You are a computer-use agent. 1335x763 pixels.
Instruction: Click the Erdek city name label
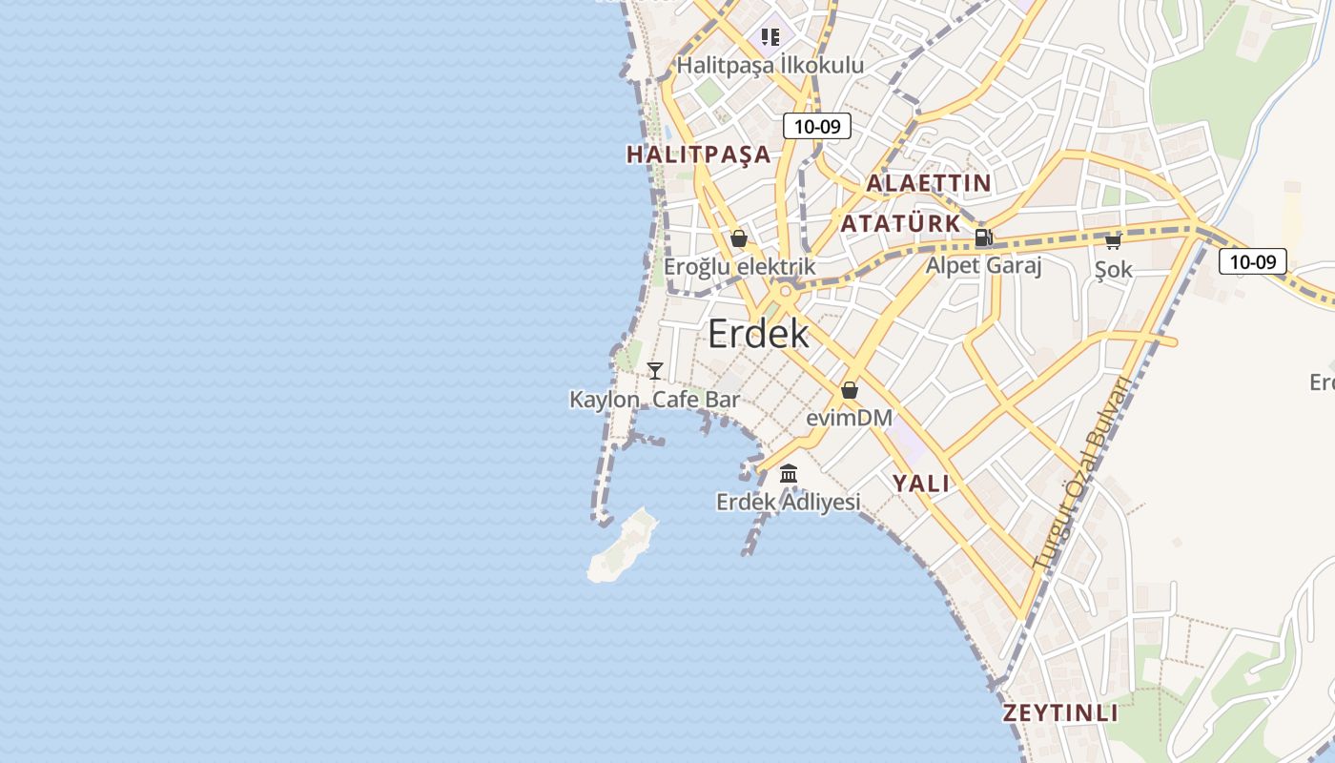point(758,334)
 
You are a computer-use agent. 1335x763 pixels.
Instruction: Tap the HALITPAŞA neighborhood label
point(698,155)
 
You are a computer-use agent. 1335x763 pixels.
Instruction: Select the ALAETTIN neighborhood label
point(928,183)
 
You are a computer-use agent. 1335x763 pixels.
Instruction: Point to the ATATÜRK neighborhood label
point(900,223)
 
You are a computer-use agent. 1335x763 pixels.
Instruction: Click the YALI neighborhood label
point(921,484)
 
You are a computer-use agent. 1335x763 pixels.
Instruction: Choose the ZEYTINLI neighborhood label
point(1060,713)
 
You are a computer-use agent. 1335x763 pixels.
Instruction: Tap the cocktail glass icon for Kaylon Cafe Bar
point(655,371)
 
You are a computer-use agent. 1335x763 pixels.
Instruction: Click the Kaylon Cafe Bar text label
point(654,400)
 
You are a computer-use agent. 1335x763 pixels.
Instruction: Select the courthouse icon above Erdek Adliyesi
point(789,473)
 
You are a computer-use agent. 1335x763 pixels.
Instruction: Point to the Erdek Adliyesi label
point(789,502)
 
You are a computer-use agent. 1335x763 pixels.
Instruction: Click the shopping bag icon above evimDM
point(850,390)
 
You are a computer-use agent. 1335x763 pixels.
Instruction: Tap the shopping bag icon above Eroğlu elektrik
point(738,238)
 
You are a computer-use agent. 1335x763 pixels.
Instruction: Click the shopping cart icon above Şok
point(1113,241)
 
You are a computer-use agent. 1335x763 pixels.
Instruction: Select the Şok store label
point(1113,270)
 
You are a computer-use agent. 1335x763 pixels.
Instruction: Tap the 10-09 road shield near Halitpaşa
point(816,126)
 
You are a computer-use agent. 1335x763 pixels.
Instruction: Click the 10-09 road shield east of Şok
point(1252,261)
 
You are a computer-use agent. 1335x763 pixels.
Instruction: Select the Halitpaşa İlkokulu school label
point(770,65)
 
